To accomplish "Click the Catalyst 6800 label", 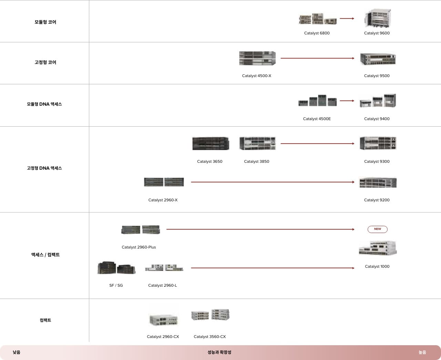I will [317, 33].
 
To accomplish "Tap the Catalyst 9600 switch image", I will [377, 18].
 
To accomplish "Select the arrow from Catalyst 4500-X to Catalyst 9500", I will [317, 58].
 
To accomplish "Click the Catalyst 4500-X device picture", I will [257, 58].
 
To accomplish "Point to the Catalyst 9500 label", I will [377, 76].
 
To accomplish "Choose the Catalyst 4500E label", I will [317, 119].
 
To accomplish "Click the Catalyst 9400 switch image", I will [378, 101].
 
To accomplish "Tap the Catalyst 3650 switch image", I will [210, 143].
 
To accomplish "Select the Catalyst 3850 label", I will [256, 161].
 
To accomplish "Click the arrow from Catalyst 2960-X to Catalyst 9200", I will [273, 182].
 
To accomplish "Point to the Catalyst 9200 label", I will [377, 200].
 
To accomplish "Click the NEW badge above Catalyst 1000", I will [377, 229].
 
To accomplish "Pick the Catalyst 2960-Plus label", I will [139, 247].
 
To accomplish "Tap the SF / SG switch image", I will [116, 268].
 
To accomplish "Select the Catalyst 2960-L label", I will [162, 285].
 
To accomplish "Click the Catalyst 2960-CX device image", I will [163, 319].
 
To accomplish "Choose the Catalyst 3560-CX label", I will [209, 337].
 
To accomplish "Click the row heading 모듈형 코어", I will [45, 22].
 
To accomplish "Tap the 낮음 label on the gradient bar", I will [17, 352].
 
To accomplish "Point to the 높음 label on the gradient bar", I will [422, 352].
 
